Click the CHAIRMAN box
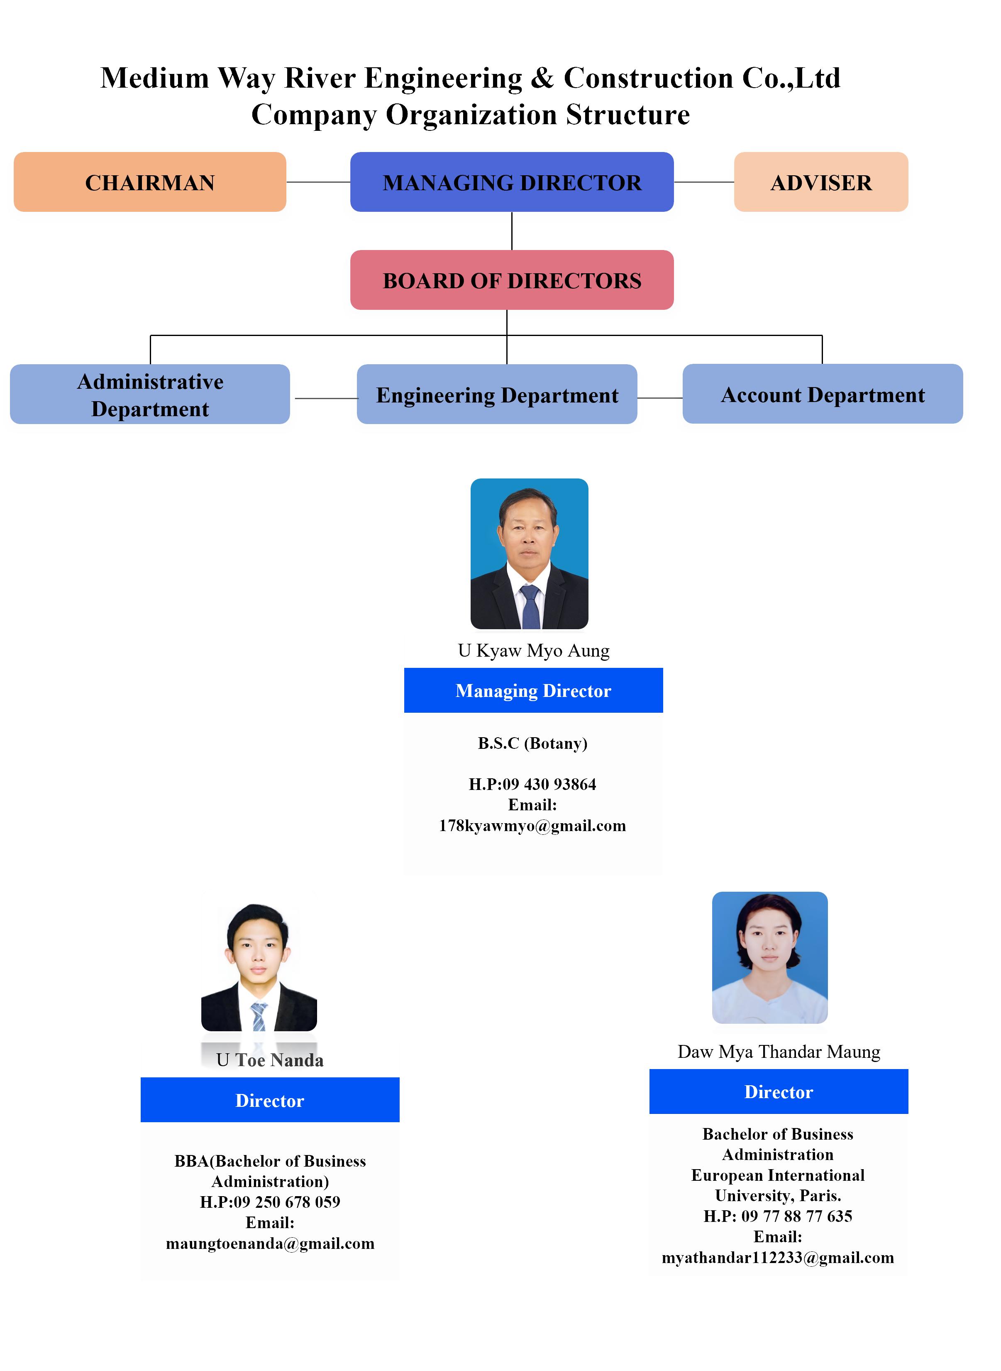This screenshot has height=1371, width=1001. [150, 182]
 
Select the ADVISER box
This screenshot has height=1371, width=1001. [820, 182]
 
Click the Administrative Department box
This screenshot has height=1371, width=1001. [150, 394]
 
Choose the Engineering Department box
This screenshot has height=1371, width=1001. [497, 395]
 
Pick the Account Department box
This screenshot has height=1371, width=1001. [822, 394]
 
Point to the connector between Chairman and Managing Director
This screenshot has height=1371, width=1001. [318, 182]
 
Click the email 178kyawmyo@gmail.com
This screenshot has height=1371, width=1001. [532, 826]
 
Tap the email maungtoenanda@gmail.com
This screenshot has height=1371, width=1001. [270, 1243]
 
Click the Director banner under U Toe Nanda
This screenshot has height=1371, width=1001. [270, 1100]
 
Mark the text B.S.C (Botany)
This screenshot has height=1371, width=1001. [532, 743]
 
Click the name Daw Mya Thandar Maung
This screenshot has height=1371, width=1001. [779, 1052]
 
